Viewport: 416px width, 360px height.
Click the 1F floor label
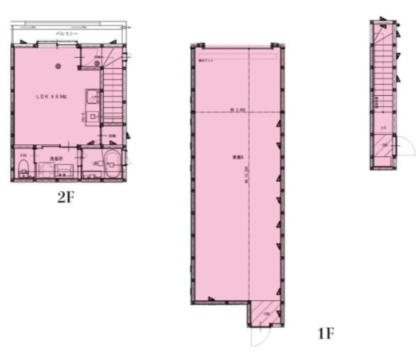(326, 333)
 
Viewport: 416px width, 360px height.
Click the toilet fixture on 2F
(23, 168)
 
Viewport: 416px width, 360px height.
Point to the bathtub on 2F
(112, 163)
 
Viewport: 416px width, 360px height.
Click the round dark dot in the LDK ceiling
(59, 66)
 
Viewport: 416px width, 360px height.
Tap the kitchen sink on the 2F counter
(93, 96)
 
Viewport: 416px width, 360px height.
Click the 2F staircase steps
(112, 88)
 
